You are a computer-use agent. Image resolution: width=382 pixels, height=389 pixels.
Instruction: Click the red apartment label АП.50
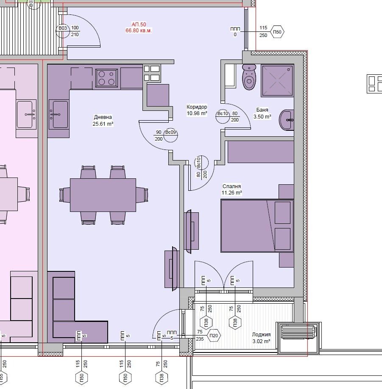tap(139, 24)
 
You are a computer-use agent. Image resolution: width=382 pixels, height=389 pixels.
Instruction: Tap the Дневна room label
tap(103, 117)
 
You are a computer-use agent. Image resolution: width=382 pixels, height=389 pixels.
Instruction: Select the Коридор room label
tap(197, 107)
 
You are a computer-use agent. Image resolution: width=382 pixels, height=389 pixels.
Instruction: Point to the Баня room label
tap(262, 110)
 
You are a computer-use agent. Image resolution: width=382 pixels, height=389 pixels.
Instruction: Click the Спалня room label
tap(231, 186)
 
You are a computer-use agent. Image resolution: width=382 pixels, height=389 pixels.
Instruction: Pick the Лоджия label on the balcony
tap(261, 334)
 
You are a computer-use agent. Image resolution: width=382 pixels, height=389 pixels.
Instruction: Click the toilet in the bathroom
tap(249, 77)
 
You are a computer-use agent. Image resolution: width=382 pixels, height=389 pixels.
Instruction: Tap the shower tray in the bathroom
tap(277, 80)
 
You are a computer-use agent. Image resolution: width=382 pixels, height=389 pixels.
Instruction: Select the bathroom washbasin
tap(287, 120)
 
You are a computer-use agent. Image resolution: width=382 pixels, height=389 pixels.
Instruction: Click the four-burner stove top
tap(106, 78)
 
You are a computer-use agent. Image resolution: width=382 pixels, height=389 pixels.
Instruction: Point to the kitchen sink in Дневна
tap(59, 114)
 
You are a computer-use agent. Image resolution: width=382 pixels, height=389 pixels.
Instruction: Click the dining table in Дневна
tap(103, 195)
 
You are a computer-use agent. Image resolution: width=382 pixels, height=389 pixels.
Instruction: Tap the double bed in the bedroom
tap(257, 226)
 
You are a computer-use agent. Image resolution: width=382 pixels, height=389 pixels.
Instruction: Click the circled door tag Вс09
tap(170, 135)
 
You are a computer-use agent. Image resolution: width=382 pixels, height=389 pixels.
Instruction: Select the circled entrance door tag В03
tap(63, 31)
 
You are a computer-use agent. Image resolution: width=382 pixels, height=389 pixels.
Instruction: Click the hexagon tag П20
tap(214, 335)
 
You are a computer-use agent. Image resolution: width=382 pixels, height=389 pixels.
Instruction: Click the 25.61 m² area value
tap(103, 124)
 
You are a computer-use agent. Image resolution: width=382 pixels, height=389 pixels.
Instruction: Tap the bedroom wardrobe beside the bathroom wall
tap(261, 152)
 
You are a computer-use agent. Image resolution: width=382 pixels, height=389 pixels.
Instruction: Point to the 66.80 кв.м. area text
tap(139, 31)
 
